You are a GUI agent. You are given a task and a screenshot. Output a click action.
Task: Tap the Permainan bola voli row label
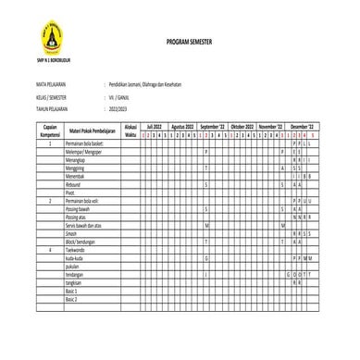85,200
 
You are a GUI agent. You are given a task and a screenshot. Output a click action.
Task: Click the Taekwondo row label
75,250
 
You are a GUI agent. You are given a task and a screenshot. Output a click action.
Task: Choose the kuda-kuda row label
75,257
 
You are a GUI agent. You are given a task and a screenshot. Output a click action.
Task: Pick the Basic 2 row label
71,301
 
